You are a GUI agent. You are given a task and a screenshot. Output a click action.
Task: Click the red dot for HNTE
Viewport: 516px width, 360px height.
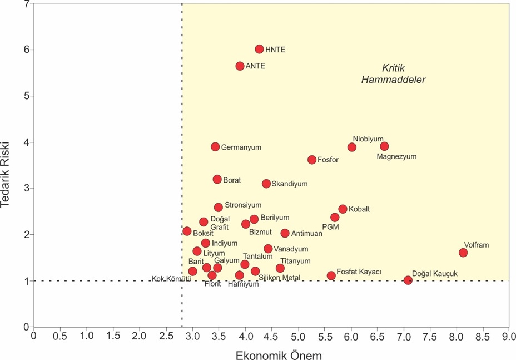coord(259,50)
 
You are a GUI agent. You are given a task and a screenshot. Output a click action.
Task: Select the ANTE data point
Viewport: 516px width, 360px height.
coord(240,66)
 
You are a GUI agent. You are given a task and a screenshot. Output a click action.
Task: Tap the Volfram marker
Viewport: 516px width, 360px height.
coord(463,253)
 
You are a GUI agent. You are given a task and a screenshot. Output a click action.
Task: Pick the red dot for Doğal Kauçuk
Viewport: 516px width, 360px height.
coord(408,280)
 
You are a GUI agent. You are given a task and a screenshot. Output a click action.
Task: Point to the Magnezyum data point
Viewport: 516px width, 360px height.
coord(384,146)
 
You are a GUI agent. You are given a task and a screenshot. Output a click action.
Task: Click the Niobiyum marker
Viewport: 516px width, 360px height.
coord(352,147)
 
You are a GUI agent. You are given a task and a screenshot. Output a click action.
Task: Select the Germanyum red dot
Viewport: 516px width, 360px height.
coord(215,147)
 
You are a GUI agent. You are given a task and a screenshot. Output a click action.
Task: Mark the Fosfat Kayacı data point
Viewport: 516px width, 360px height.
coord(331,275)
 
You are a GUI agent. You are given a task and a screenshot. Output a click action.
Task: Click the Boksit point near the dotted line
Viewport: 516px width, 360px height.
coord(187,231)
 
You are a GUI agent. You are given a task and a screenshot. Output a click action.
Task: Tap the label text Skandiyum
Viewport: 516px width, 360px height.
coord(289,184)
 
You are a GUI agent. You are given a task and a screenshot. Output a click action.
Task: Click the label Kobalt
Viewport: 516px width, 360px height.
coord(359,209)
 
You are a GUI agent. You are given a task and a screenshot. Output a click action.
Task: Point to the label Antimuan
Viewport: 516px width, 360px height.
coord(306,234)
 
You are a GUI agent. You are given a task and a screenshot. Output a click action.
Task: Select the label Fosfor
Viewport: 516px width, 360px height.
coord(328,160)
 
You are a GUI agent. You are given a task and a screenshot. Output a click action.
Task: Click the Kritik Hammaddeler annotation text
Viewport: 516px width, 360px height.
coord(393,74)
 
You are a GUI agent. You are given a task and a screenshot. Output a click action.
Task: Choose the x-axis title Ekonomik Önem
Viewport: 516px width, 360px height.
coord(271,353)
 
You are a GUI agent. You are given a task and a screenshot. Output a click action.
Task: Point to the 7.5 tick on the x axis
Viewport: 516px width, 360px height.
coord(430,337)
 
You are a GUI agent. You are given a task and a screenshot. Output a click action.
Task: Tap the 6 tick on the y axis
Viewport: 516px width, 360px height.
coord(26,50)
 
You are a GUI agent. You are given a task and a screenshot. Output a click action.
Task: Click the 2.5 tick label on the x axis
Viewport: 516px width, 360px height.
coord(166,337)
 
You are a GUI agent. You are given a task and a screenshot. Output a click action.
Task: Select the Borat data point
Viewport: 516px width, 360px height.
coord(217,179)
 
